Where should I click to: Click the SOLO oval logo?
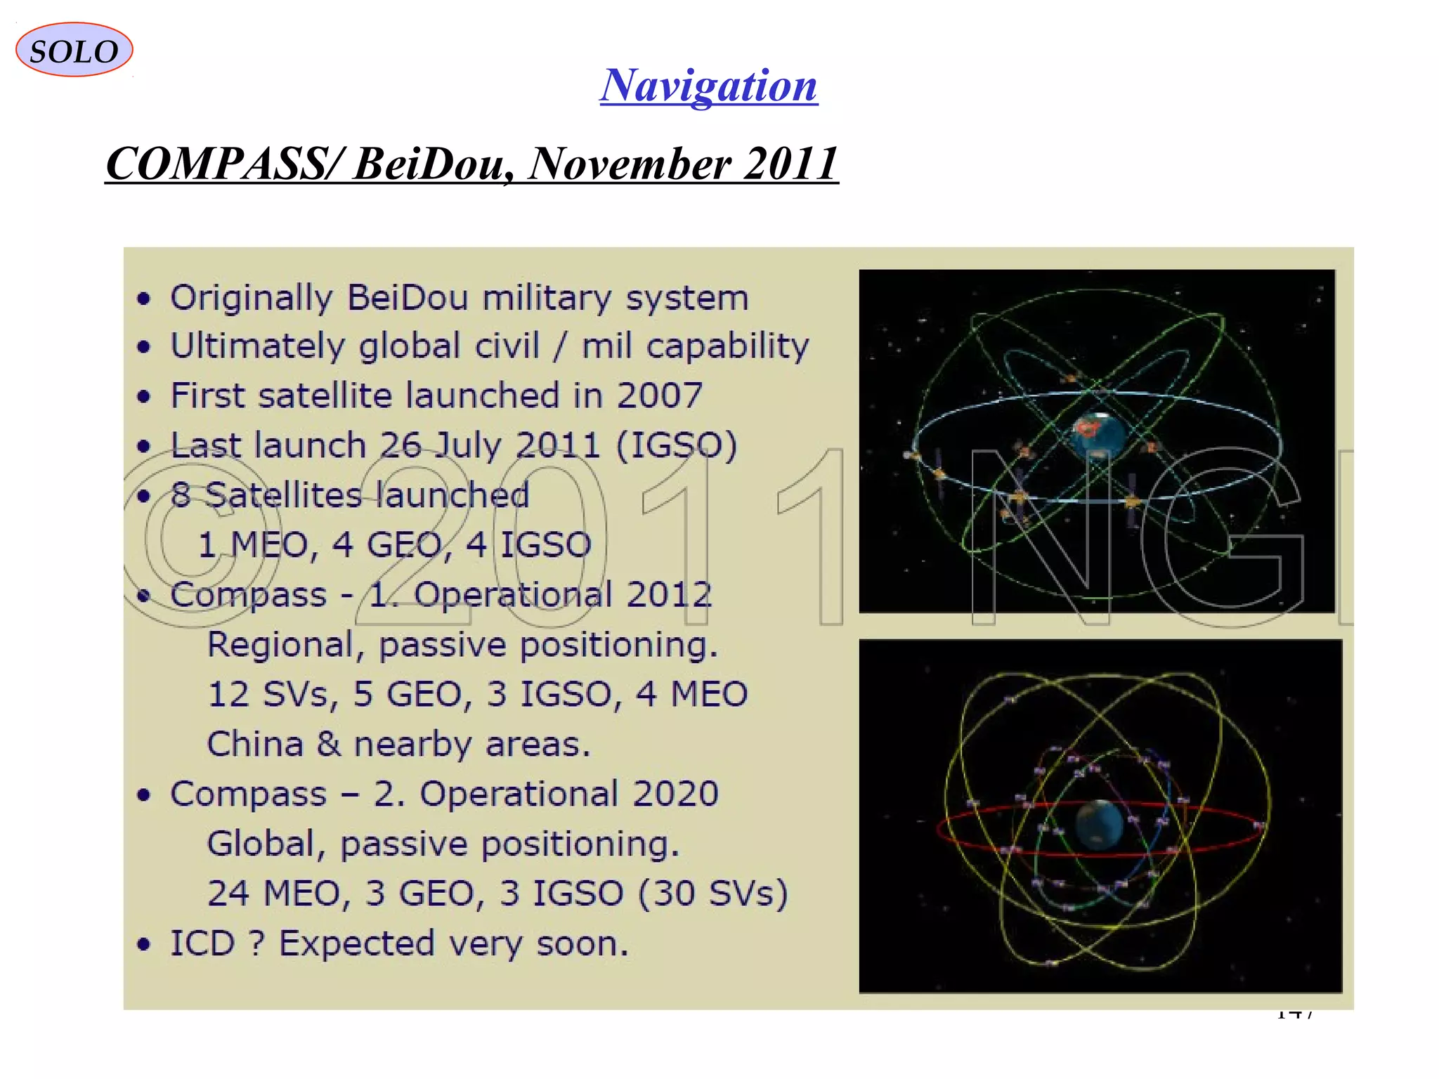click(x=74, y=50)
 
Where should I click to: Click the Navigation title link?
click(x=708, y=86)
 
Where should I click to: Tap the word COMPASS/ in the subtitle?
click(x=225, y=163)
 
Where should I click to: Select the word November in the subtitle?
click(x=629, y=163)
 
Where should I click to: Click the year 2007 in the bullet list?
click(x=659, y=395)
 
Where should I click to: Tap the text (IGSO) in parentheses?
click(x=677, y=445)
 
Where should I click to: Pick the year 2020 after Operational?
click(x=675, y=794)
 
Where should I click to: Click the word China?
click(x=254, y=744)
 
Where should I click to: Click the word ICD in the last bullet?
click(x=202, y=943)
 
